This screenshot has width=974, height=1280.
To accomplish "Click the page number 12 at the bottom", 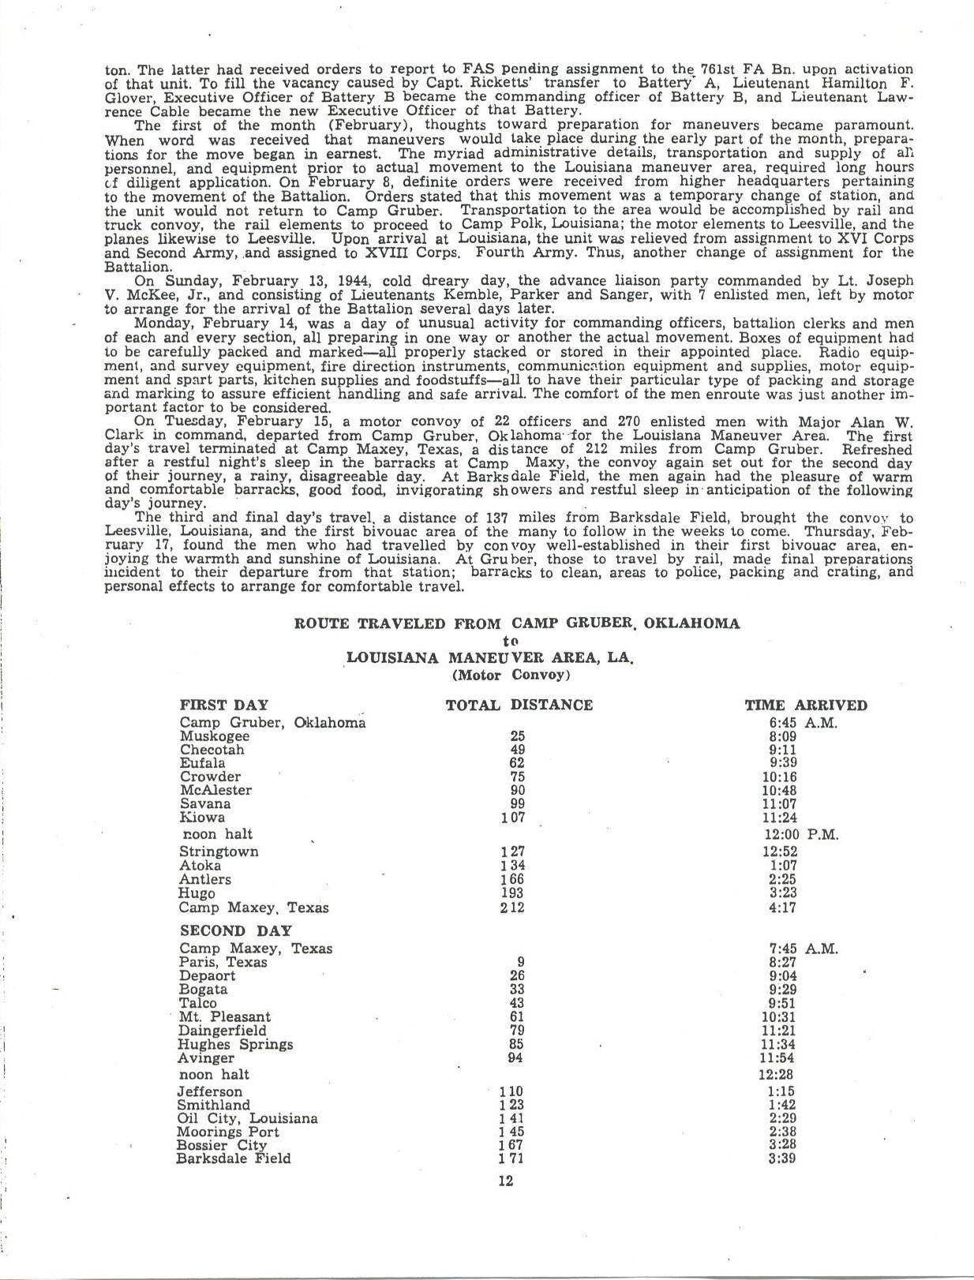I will pyautogui.click(x=506, y=1181).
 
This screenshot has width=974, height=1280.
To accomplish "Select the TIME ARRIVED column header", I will pyautogui.click(x=805, y=705).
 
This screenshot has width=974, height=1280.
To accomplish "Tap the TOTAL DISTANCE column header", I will pyautogui.click(x=519, y=705).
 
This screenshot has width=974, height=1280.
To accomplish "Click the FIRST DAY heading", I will pyautogui.click(x=224, y=705).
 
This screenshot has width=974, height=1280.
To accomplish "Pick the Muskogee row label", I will pyautogui.click(x=215, y=736).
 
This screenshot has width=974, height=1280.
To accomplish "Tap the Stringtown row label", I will pyautogui.click(x=219, y=851).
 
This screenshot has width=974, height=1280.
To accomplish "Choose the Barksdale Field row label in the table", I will pyautogui.click(x=234, y=1158).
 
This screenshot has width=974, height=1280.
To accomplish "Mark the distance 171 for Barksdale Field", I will pyautogui.click(x=511, y=1158).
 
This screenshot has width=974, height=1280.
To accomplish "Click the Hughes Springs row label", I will pyautogui.click(x=235, y=1044).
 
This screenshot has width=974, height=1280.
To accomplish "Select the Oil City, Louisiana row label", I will pyautogui.click(x=248, y=1118).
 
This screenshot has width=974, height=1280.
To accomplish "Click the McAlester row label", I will pyautogui.click(x=215, y=790).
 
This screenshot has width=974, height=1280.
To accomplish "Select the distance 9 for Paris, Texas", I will pyautogui.click(x=520, y=962).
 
